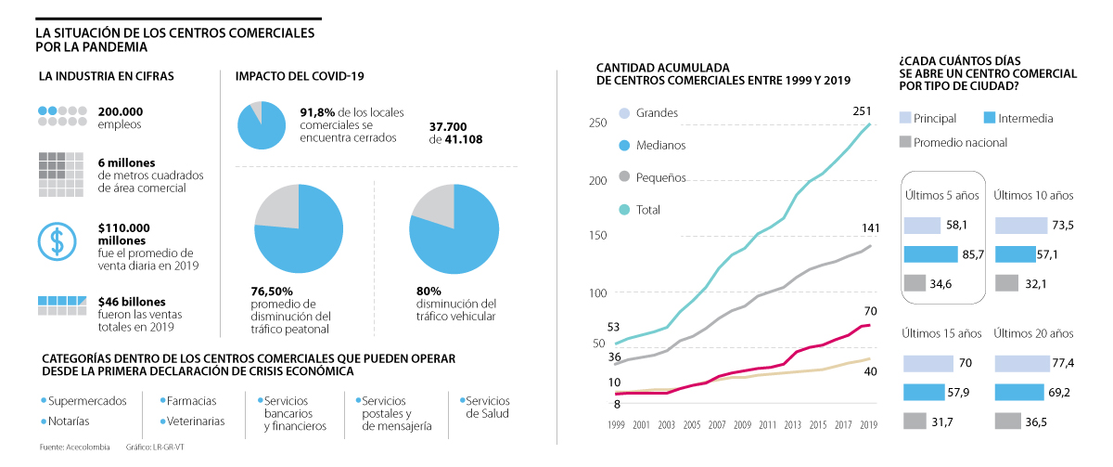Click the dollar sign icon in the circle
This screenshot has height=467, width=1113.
[57, 241]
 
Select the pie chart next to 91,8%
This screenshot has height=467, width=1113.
[262, 124]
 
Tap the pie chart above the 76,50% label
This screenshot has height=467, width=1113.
[299, 228]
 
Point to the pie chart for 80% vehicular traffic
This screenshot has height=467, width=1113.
[454, 228]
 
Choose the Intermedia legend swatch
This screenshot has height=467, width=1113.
[988, 118]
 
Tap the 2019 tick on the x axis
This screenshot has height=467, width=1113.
[868, 424]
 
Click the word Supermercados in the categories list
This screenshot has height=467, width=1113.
[87, 401]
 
